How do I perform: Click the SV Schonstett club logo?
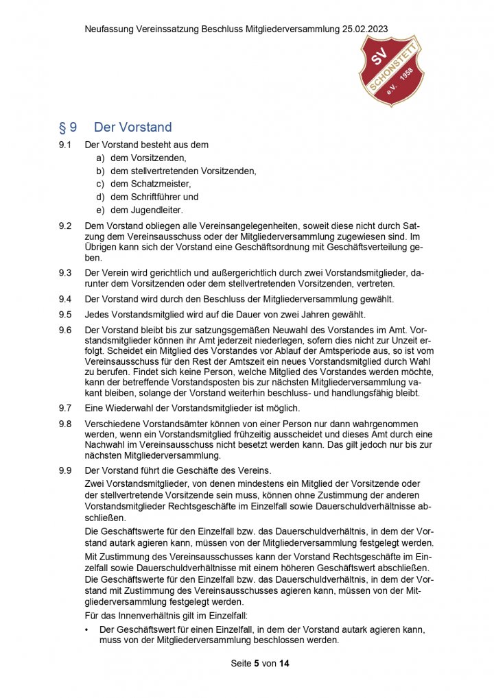tap(392, 71)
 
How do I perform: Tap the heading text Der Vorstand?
tap(132, 127)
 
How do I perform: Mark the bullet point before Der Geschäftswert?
tap(87, 629)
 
